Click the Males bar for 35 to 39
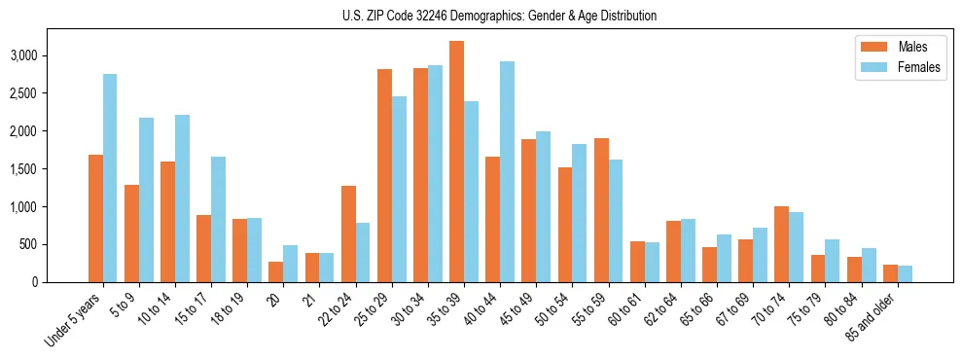coord(456,162)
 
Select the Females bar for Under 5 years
coord(110,178)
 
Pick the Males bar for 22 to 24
coord(348,234)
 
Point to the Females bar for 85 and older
coord(905,273)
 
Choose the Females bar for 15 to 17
coord(218,219)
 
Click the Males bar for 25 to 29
coord(384,175)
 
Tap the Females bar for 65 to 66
coord(724,258)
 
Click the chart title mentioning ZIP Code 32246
coord(500,16)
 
